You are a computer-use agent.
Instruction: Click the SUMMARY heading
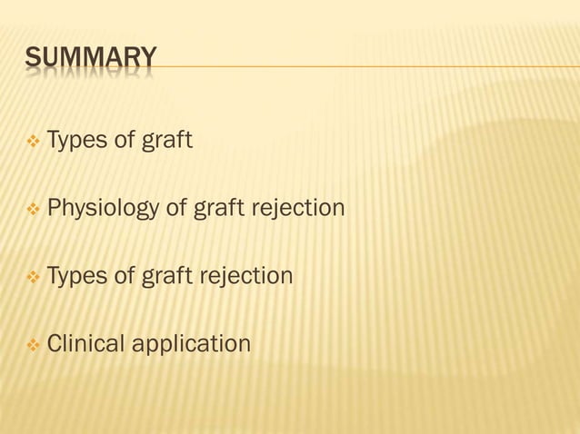[90, 60]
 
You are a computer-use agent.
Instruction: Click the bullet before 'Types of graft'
[34, 142]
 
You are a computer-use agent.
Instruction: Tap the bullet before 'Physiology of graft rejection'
[34, 210]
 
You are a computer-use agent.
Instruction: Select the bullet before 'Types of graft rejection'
[34, 276]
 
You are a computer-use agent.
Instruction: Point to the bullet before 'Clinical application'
[34, 345]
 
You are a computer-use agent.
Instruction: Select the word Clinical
[85, 345]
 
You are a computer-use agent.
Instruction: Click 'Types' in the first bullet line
[75, 142]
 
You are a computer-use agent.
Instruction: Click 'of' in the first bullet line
[124, 142]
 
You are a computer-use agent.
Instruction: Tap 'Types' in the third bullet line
[75, 276]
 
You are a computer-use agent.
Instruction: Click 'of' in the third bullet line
[124, 276]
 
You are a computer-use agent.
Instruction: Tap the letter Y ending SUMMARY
[147, 60]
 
